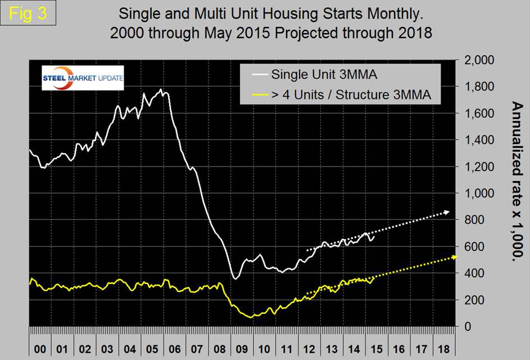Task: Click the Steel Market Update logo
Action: pos(83,79)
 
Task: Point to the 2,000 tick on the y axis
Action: pos(479,60)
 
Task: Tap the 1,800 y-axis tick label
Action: pos(479,87)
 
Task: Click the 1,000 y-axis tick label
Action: pos(479,193)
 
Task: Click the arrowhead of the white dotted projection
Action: pos(447,212)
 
